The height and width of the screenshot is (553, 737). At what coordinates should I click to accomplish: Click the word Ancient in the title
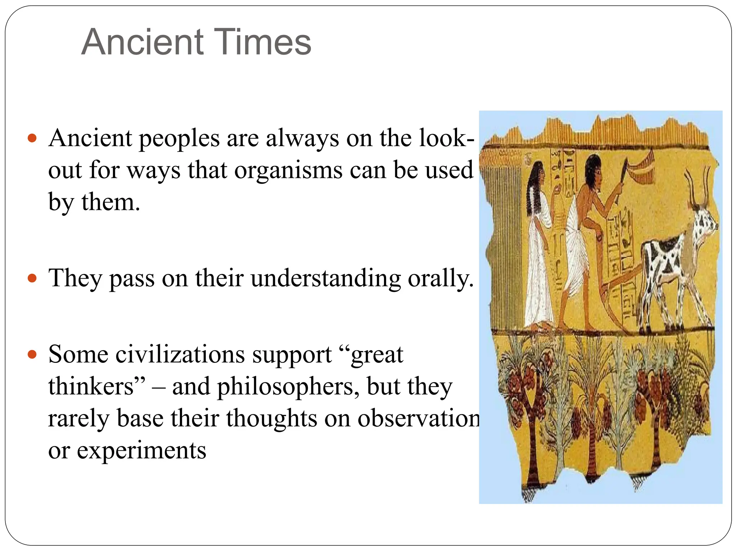(142, 42)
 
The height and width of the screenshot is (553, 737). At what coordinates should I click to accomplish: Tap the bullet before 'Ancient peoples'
(32, 138)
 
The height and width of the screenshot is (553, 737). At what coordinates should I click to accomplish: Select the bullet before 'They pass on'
(32, 278)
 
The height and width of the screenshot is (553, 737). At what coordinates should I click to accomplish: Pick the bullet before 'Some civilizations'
(32, 355)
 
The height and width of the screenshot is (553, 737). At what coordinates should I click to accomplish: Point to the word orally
(440, 278)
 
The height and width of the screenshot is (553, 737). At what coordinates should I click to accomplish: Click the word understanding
(326, 278)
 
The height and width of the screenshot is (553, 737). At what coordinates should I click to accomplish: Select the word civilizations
(180, 355)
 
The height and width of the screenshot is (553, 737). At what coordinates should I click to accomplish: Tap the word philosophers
(288, 387)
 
